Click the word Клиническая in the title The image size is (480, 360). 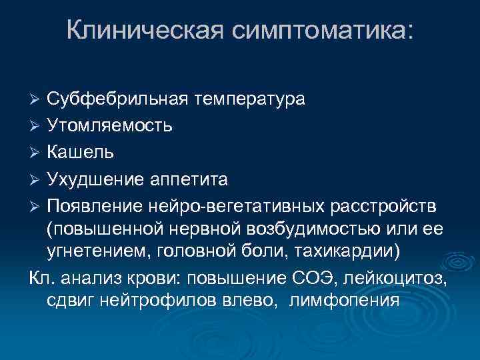[141, 29]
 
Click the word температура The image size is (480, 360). [249, 99]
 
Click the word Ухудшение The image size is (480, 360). [95, 179]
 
